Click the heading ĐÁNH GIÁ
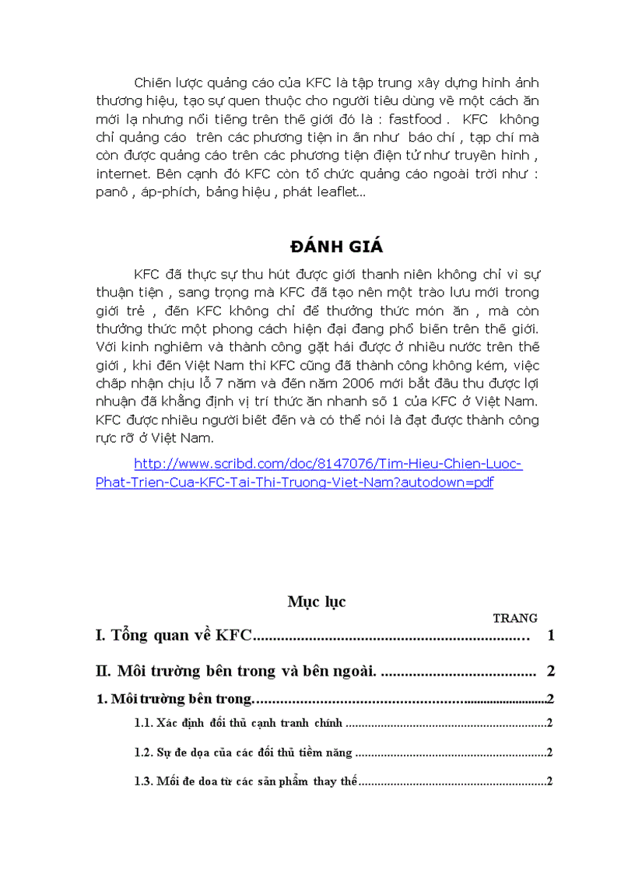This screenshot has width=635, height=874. (336, 247)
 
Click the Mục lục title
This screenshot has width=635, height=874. (316, 602)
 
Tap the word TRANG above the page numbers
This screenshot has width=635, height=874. (515, 619)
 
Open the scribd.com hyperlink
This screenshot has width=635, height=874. (308, 473)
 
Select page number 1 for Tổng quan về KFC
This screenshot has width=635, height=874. (551, 637)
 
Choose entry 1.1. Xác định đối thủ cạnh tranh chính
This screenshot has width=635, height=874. (237, 723)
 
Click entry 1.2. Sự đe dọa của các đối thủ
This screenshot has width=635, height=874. (243, 753)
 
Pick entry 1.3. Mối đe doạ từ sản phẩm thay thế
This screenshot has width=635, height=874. (244, 781)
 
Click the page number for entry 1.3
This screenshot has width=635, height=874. (549, 781)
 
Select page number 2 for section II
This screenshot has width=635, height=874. (551, 671)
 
